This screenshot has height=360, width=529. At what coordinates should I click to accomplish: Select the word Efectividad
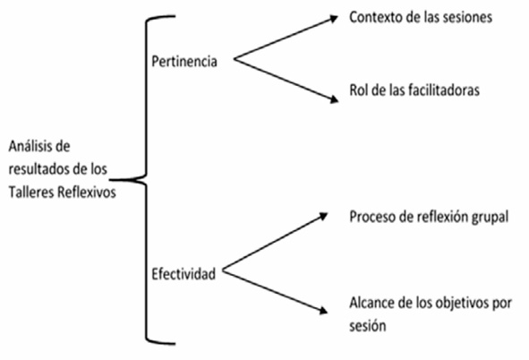pyautogui.click(x=183, y=274)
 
